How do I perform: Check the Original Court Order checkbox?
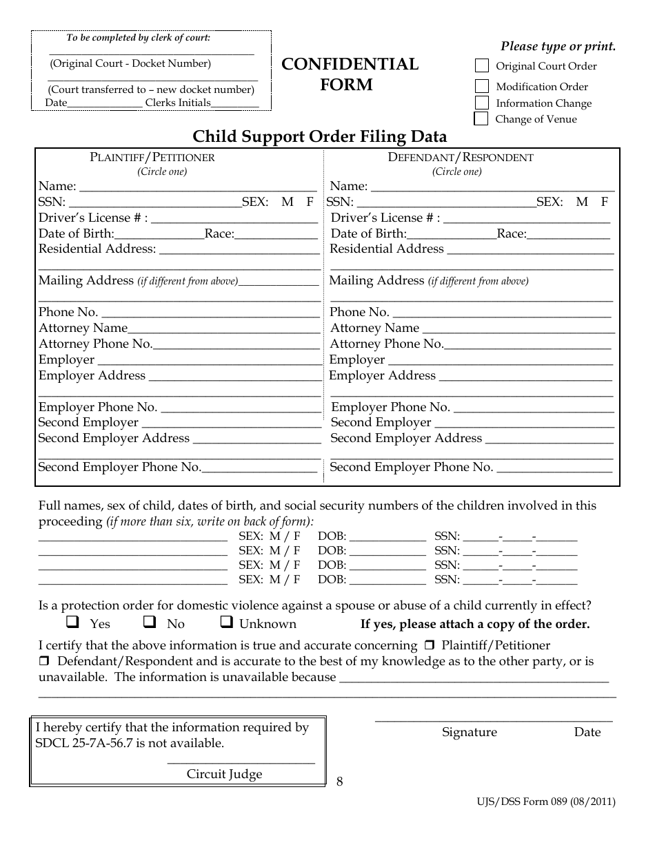click(x=482, y=66)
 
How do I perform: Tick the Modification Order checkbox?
click(x=482, y=87)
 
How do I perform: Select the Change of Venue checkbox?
click(x=481, y=118)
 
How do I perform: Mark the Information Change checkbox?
click(x=482, y=103)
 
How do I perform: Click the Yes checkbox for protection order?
click(x=72, y=623)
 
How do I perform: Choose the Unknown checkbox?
click(x=225, y=623)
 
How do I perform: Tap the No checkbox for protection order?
click(x=149, y=623)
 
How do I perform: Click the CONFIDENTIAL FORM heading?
click(x=350, y=74)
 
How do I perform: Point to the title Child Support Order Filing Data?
click(x=319, y=136)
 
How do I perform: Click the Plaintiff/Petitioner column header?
click(x=152, y=157)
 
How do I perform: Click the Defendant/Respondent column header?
click(x=461, y=157)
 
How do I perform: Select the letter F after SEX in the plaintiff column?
click(x=310, y=202)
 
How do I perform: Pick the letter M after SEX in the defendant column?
click(x=582, y=202)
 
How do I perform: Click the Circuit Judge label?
click(x=224, y=774)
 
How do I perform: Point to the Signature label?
click(x=469, y=732)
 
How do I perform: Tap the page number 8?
click(x=339, y=781)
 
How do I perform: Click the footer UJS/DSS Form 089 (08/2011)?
click(x=546, y=802)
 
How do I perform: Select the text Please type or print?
click(x=558, y=47)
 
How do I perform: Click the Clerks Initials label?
click(x=178, y=103)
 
